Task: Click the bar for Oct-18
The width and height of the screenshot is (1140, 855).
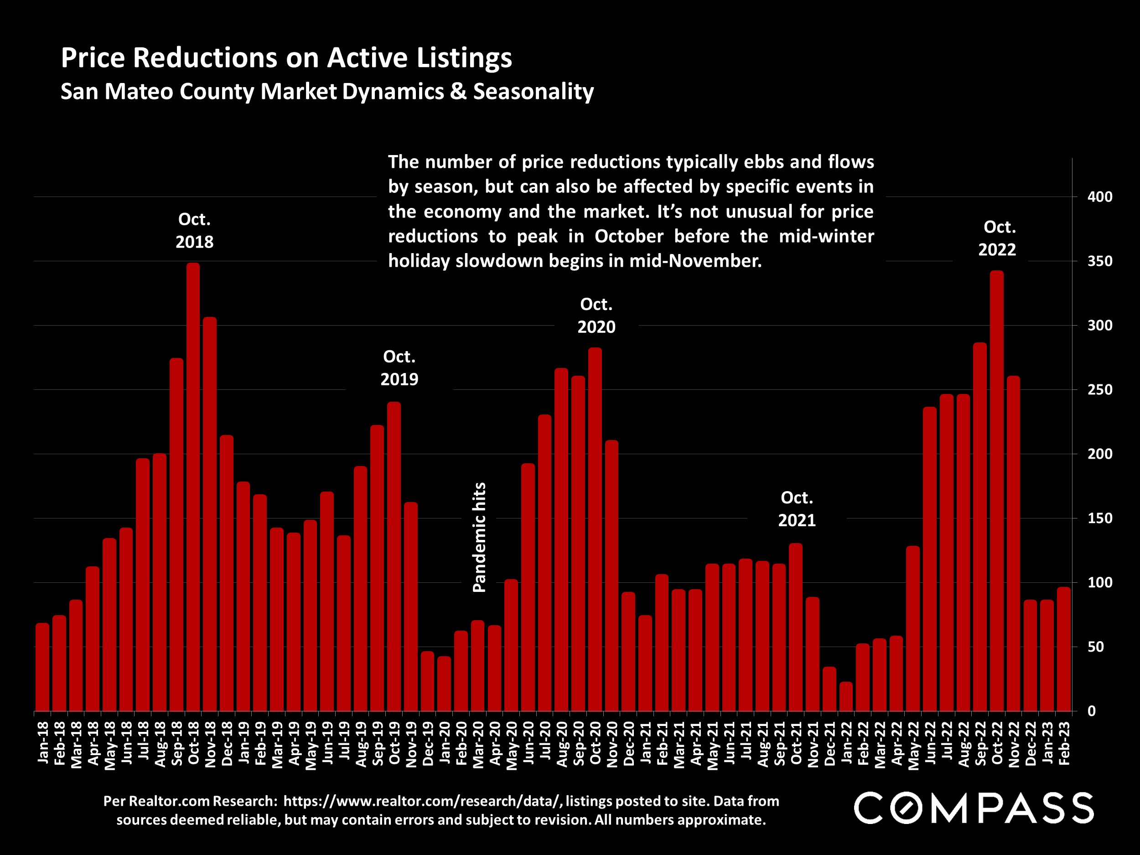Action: tap(193, 487)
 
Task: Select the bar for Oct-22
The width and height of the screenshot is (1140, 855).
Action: tap(997, 491)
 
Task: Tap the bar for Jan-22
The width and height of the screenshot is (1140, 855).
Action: tap(846, 696)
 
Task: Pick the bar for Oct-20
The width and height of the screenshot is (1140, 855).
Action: tap(595, 529)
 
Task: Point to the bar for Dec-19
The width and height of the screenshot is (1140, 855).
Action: tap(427, 681)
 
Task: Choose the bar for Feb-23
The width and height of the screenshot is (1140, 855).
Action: tap(1064, 649)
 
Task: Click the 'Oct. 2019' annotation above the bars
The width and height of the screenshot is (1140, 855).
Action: tap(399, 368)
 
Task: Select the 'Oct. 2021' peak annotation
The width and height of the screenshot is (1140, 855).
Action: tap(797, 509)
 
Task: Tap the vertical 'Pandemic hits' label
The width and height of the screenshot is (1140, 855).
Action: tap(479, 537)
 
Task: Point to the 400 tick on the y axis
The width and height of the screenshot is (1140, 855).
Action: tap(1100, 197)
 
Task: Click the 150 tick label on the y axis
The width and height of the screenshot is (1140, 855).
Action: tap(1100, 518)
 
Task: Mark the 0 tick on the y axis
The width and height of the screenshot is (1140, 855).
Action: tap(1092, 711)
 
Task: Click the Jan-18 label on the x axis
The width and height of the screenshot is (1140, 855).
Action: tap(43, 742)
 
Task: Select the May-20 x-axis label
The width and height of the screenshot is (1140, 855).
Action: tap(512, 745)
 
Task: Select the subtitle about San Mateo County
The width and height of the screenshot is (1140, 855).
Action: tap(327, 91)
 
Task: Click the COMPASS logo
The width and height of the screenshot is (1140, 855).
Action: tap(974, 808)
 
